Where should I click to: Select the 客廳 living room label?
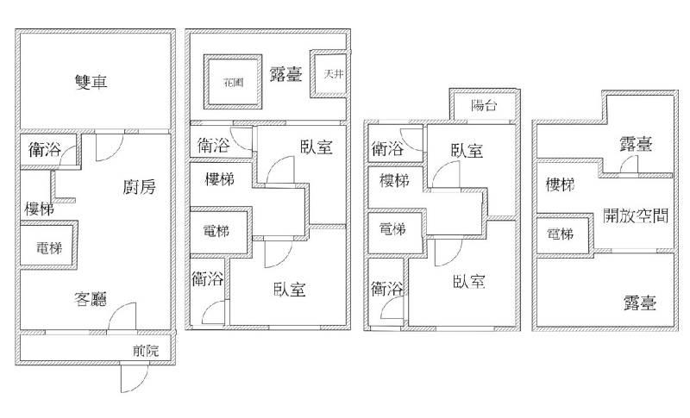pos(90,300)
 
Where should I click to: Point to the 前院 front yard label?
pos(146,350)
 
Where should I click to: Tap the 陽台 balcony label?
pos(484,106)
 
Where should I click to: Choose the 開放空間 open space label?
pos(637,215)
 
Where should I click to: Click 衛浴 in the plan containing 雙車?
pos(44,150)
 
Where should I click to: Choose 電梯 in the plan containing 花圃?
pos(216,231)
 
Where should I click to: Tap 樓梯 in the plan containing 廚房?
pos(40,209)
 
